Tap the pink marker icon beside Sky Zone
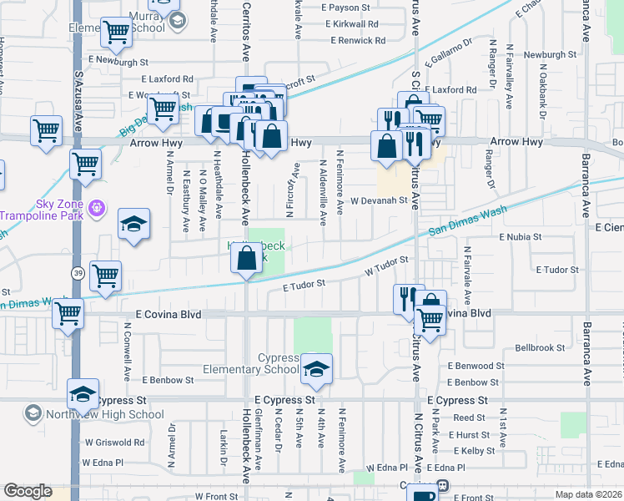(x=98, y=205)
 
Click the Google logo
(x=28, y=491)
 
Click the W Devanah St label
(x=378, y=200)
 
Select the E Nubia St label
(x=521, y=237)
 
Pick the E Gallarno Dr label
(x=448, y=51)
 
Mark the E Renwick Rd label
(x=358, y=40)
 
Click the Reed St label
(x=470, y=417)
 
